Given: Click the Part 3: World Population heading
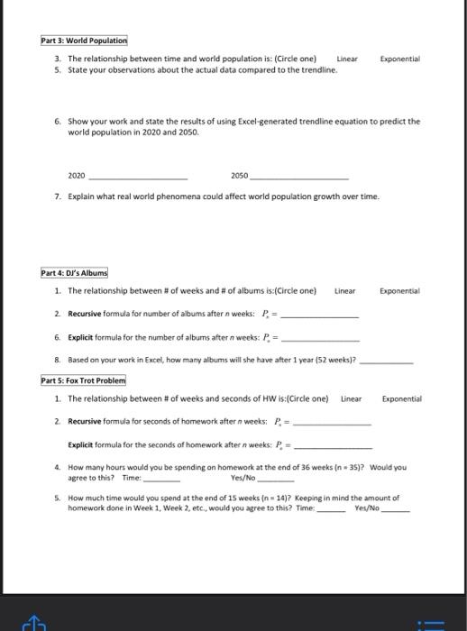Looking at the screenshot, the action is pos(84,41).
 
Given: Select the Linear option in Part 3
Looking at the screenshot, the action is pos(347,59).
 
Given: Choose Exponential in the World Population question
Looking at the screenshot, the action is pos(400,59).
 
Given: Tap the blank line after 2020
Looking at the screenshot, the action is pos(137,177).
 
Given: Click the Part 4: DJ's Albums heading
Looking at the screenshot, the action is pos(76,273).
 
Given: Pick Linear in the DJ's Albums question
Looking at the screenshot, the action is pos(345,291).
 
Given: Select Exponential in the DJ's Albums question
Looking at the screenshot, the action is pos(399,291).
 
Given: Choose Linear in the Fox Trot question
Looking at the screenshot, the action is pos(351,398).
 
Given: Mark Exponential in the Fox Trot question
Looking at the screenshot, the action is pos(401,398).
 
